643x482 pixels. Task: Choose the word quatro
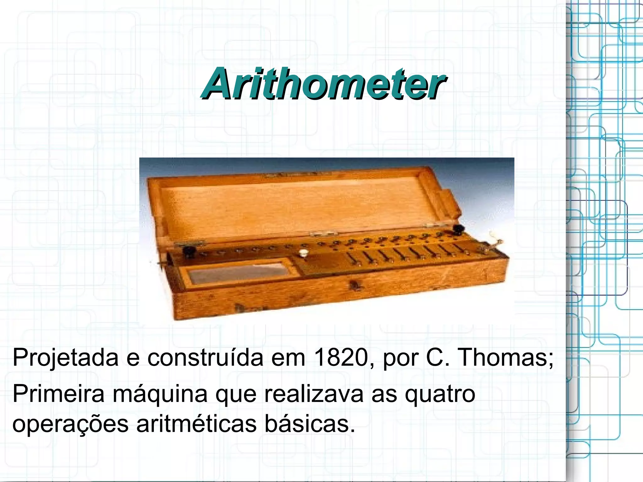(440, 395)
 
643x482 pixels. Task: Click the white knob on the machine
(304, 252)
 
